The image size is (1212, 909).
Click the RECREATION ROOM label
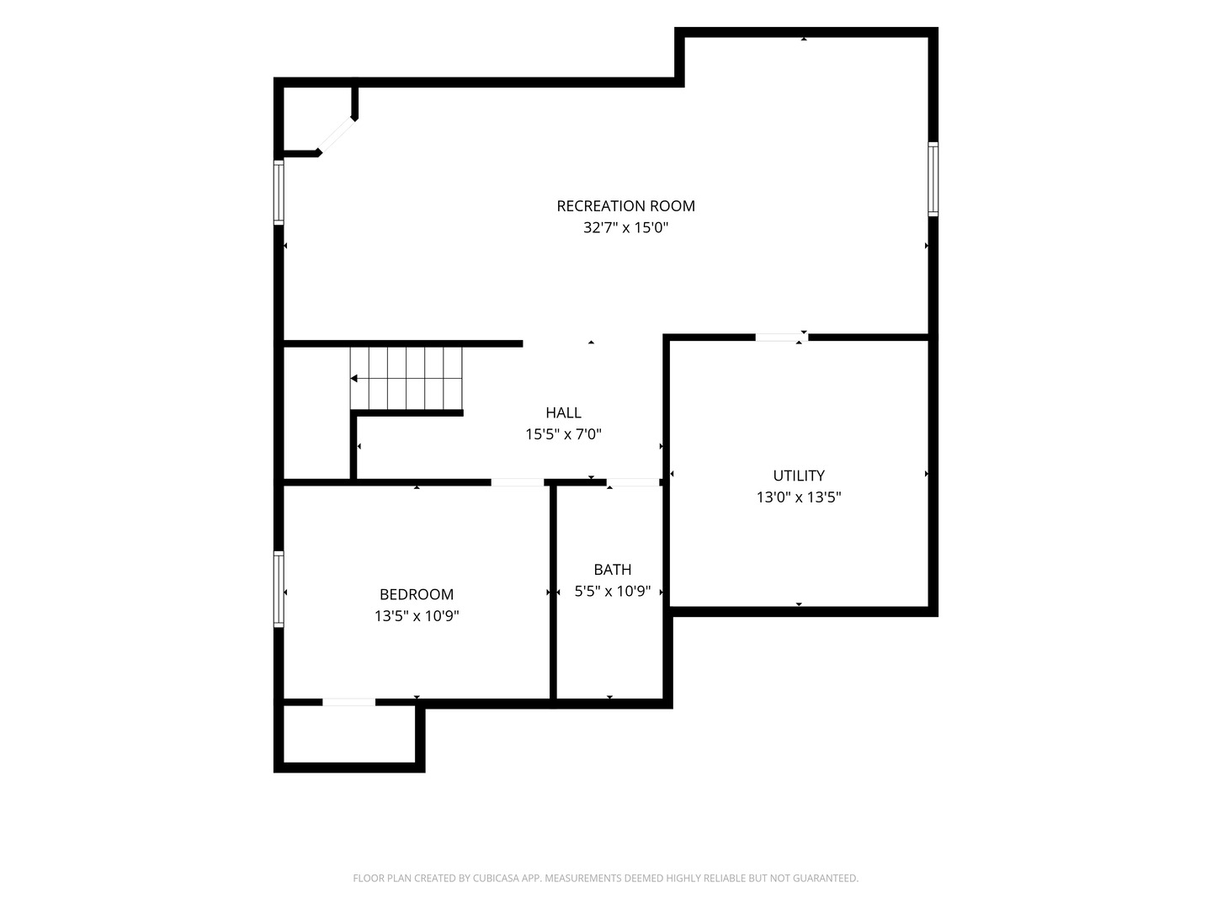pyautogui.click(x=625, y=206)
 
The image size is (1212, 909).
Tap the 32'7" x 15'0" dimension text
pyautogui.click(x=625, y=227)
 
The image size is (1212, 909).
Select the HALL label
pyautogui.click(x=563, y=412)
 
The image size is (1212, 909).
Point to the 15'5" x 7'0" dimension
pyautogui.click(x=563, y=434)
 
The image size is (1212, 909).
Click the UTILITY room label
pyautogui.click(x=799, y=476)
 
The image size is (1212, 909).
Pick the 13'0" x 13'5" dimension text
pyautogui.click(x=799, y=497)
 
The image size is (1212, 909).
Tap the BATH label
pyautogui.click(x=613, y=569)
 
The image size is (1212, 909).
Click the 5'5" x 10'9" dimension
pyautogui.click(x=613, y=591)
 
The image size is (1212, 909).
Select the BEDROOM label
pyautogui.click(x=417, y=594)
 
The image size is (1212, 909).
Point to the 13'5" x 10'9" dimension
pyautogui.click(x=417, y=616)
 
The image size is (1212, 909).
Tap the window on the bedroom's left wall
pyautogui.click(x=279, y=589)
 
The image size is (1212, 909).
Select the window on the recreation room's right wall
pyautogui.click(x=933, y=178)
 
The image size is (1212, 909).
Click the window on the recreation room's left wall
pyautogui.click(x=279, y=192)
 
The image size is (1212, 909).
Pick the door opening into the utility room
pyautogui.click(x=781, y=338)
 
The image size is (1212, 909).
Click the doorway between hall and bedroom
pyautogui.click(x=518, y=482)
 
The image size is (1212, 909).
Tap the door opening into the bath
pyautogui.click(x=633, y=482)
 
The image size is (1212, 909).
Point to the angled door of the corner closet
pyautogui.click(x=337, y=136)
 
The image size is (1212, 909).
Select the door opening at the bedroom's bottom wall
pyautogui.click(x=348, y=702)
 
